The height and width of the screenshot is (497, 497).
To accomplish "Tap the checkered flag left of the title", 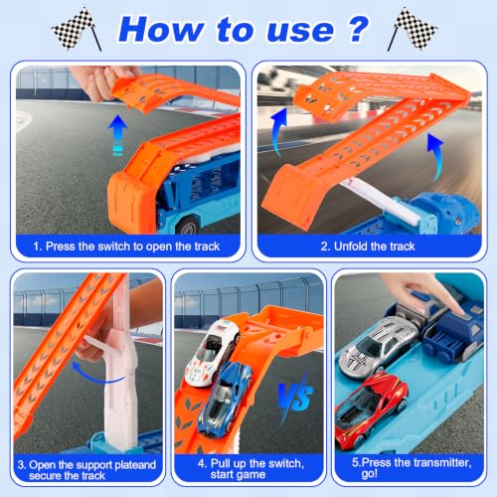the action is point(77,29).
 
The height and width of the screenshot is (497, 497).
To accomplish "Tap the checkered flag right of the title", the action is point(413,29).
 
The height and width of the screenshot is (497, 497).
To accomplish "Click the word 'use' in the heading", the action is point(300,31).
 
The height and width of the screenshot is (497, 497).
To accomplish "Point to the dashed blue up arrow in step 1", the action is point(117,135).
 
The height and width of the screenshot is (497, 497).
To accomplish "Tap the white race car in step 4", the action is point(213,353).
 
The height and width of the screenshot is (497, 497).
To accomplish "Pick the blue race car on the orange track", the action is point(226,398).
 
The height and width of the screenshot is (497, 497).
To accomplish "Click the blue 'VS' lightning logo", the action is point(295,397).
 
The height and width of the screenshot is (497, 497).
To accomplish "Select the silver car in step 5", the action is point(378,346).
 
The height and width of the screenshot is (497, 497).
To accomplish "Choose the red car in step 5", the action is point(370,410).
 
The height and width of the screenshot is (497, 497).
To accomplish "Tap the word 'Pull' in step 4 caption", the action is point(221,463).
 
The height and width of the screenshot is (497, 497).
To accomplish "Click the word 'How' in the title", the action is point(161,30).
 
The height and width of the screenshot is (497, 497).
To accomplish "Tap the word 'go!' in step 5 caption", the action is point(370,474).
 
